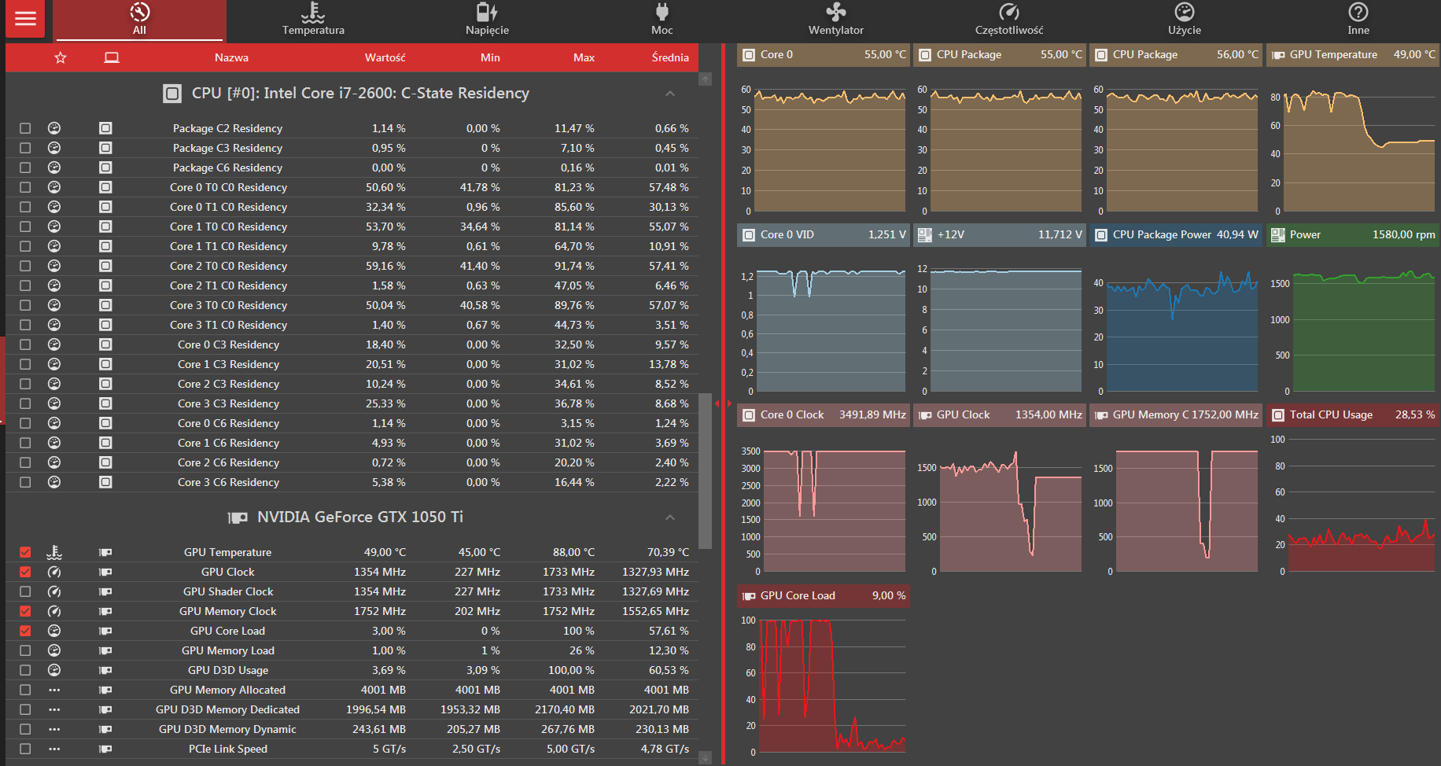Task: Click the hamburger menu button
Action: tap(25, 19)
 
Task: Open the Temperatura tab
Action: tap(313, 20)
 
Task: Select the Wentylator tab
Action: tap(835, 20)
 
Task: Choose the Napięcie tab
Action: tap(487, 20)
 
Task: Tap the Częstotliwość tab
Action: tap(1009, 20)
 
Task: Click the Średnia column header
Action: tap(670, 57)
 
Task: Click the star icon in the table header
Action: tap(61, 57)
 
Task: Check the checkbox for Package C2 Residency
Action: tap(25, 128)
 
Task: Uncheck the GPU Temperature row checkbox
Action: tap(25, 552)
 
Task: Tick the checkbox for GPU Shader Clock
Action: tap(25, 591)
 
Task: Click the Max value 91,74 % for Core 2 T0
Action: tap(574, 266)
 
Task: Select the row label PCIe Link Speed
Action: tap(228, 749)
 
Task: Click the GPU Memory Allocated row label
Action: tap(227, 690)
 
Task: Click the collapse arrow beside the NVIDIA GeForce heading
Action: tap(670, 517)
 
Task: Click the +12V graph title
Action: tap(950, 234)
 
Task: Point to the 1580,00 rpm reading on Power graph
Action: tap(1404, 234)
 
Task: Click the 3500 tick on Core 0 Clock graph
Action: tap(750, 451)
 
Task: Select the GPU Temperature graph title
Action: tap(1333, 54)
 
